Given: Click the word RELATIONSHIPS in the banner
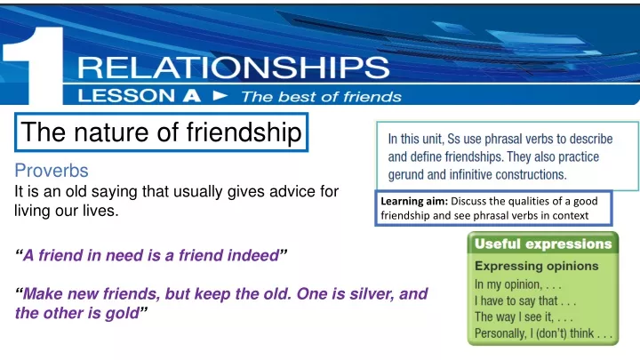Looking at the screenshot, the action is [234, 68].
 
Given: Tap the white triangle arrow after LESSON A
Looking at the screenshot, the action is [220, 96].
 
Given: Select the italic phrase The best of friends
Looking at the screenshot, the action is [321, 97].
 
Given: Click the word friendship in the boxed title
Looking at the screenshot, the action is [244, 132].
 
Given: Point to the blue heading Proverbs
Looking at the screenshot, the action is [52, 171].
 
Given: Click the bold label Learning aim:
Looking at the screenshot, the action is [414, 201].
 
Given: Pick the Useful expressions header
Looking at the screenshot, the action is [543, 244].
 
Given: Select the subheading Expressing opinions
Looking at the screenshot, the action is [536, 266].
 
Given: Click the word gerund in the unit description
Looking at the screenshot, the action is [405, 175].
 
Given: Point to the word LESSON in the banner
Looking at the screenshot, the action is [126, 96].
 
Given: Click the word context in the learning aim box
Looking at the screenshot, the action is [571, 215].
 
